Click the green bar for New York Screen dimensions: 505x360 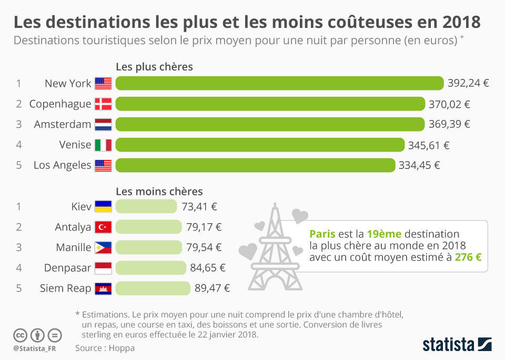[279, 83]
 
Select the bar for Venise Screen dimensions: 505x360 [260, 145]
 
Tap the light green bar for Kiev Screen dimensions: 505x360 [146, 206]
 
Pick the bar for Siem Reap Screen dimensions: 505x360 [153, 288]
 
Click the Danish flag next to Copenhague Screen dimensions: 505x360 [104, 104]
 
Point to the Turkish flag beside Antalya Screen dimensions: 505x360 [104, 227]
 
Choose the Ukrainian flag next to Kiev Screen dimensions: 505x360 [104, 206]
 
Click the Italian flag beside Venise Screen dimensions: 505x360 [104, 145]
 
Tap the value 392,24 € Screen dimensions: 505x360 [468, 83]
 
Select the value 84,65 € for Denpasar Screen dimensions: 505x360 [208, 267]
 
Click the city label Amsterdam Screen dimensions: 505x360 [63, 124]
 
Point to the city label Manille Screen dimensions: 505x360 [74, 247]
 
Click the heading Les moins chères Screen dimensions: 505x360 [159, 192]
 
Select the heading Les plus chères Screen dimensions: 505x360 [154, 67]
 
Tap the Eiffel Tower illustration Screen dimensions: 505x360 [275, 248]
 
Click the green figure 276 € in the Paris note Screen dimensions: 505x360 [468, 257]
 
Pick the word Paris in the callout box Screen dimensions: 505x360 [322, 234]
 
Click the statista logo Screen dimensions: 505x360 [457, 345]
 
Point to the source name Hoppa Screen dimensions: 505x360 [122, 348]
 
